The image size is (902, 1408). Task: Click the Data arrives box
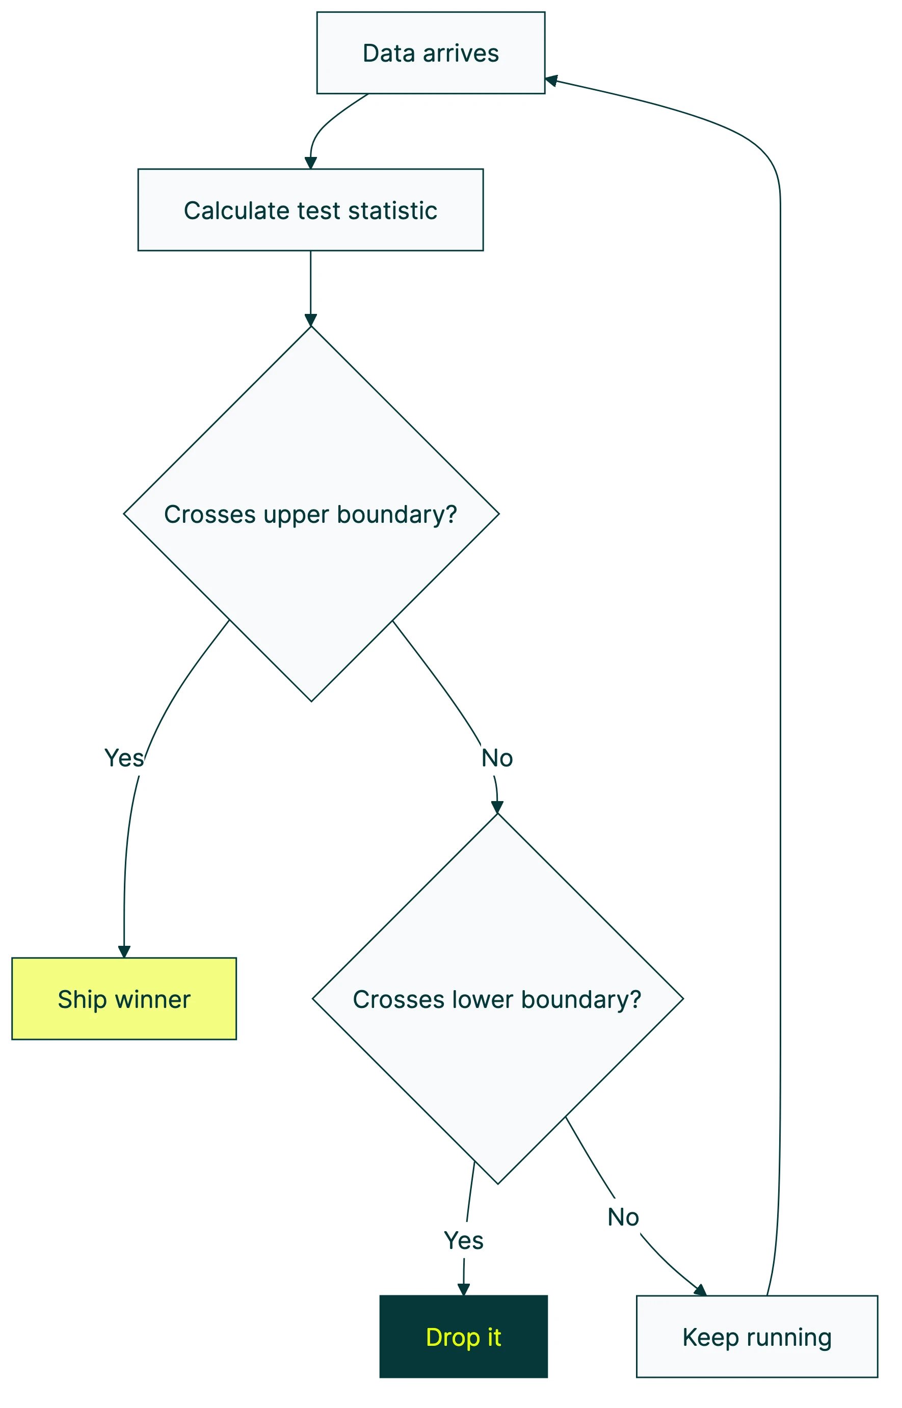click(x=431, y=52)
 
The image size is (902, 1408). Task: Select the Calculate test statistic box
click(x=310, y=209)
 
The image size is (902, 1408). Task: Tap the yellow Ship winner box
click(x=124, y=999)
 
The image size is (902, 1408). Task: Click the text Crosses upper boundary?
click(x=310, y=514)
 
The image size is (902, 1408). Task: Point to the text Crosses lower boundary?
click(x=497, y=999)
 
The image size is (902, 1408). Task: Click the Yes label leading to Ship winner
click(x=124, y=758)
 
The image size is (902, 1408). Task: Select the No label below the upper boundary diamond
click(x=497, y=758)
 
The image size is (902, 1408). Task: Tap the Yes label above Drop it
click(x=463, y=1240)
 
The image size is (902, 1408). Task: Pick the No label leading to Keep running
click(x=623, y=1217)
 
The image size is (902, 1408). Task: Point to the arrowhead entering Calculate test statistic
click(x=310, y=163)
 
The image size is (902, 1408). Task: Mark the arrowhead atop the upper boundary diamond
click(x=310, y=321)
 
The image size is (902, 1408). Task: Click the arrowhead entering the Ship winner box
click(x=124, y=952)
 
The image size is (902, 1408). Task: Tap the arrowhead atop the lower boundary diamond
click(x=497, y=807)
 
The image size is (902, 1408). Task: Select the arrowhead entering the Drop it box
click(x=463, y=1290)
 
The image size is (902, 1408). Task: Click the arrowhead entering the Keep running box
click(x=701, y=1290)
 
